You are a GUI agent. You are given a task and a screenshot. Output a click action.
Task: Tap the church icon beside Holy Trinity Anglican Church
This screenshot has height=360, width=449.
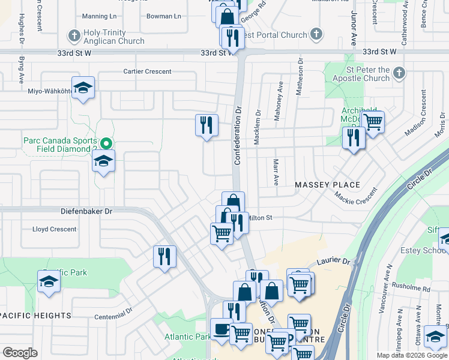click(x=74, y=35)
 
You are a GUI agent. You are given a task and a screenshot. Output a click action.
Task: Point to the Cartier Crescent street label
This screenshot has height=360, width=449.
click(x=147, y=72)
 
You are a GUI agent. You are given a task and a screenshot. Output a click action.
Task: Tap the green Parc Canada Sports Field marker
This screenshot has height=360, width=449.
click(x=106, y=143)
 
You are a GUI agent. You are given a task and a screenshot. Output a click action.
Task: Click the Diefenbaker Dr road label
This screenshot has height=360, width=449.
click(x=86, y=211)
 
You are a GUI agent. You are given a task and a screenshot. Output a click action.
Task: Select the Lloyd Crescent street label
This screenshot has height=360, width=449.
click(x=55, y=229)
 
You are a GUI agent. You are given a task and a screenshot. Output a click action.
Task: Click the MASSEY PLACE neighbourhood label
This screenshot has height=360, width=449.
click(x=327, y=185)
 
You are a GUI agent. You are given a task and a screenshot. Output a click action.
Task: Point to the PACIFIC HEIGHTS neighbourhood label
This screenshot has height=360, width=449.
click(x=37, y=316)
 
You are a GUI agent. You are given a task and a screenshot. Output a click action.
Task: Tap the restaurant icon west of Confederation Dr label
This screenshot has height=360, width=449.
click(x=206, y=125)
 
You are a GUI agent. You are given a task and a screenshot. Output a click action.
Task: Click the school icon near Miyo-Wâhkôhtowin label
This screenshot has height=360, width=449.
click(x=83, y=88)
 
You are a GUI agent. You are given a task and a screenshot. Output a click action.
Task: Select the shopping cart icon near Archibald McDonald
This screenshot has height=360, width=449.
click(x=373, y=122)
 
